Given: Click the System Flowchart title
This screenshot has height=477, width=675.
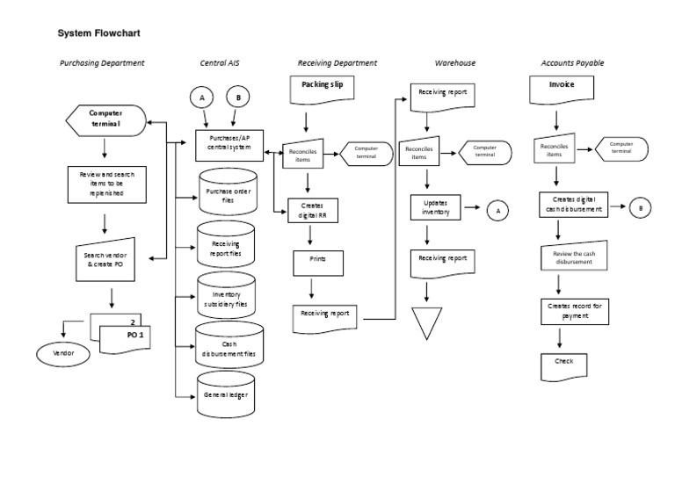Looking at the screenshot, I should coord(98,34).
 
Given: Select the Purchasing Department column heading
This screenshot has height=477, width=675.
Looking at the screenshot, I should coord(102,63).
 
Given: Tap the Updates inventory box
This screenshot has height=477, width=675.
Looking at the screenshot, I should coord(435,208).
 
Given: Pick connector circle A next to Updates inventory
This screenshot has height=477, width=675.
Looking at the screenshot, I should coord(497,210).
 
